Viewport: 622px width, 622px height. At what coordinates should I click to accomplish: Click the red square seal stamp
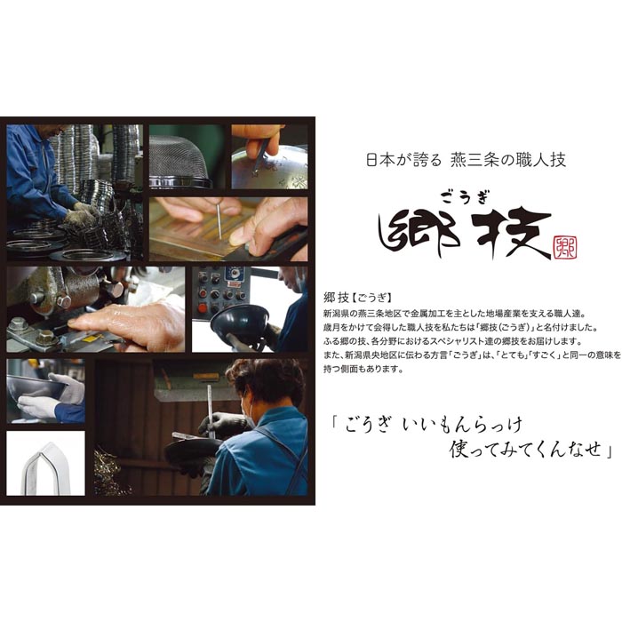pyautogui.click(x=565, y=248)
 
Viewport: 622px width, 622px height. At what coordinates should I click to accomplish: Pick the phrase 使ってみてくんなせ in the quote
pyautogui.click(x=525, y=450)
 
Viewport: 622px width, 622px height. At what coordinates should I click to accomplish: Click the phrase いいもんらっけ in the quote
pyautogui.click(x=462, y=426)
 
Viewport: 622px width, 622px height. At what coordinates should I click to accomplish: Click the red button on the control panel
pyautogui.click(x=203, y=307)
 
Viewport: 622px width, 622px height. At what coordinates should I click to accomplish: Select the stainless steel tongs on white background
pyautogui.click(x=46, y=469)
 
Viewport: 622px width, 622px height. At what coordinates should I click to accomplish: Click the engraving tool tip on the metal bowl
pyautogui.click(x=254, y=171)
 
